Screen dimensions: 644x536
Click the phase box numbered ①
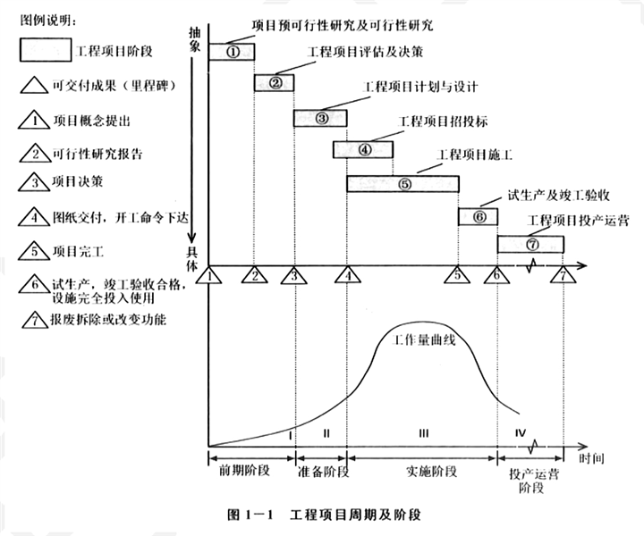coord(232,52)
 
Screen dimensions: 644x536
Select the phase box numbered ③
coord(320,118)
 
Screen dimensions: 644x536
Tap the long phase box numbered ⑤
coord(402,184)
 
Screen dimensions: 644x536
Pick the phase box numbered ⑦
coord(530,245)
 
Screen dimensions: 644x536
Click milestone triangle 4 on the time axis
coord(348,275)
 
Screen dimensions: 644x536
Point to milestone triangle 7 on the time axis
coord(563,275)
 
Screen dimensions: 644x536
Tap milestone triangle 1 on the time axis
coord(208,275)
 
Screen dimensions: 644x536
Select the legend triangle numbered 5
coord(35,251)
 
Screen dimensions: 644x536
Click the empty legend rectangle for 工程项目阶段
coord(46,50)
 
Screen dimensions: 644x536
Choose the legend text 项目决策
coord(78,181)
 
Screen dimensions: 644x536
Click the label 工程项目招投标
coord(443,121)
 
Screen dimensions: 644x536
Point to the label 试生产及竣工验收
coord(558,196)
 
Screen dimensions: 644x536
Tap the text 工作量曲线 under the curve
coord(424,339)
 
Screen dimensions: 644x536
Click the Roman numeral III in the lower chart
coord(424,433)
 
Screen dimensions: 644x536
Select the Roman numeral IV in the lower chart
coord(521,432)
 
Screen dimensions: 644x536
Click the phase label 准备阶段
coord(323,472)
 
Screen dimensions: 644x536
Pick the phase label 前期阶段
coord(244,471)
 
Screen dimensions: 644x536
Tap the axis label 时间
coord(592,458)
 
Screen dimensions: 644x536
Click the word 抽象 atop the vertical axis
coord(194,39)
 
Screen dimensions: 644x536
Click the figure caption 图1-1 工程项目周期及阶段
coord(325,515)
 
